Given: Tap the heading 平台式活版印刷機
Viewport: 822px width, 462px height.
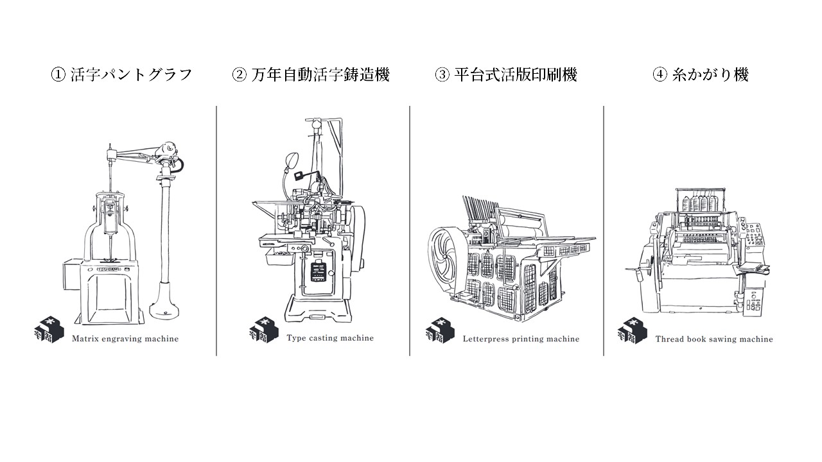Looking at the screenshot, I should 514,74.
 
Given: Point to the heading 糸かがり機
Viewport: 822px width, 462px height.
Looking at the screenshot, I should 710,74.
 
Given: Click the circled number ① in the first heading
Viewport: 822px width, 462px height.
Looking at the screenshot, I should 58,74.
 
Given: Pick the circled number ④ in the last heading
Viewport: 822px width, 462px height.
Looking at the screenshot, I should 660,74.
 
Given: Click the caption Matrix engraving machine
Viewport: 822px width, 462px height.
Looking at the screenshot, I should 125,339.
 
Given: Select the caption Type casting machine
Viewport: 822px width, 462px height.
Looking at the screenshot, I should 330,338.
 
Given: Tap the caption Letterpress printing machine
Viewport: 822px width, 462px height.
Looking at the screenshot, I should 521,339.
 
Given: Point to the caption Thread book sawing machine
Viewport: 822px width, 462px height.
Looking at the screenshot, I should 714,339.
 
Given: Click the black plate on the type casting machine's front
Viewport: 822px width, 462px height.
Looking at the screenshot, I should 318,271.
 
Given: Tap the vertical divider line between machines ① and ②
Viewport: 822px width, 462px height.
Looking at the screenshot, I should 216,231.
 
